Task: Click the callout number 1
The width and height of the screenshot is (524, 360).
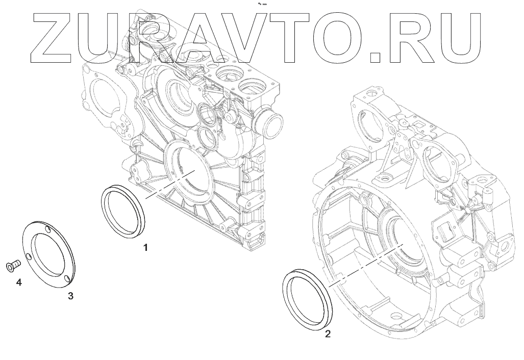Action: coord(145,247)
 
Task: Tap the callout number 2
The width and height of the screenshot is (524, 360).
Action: coord(328,333)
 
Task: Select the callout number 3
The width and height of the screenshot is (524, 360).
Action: coord(70,296)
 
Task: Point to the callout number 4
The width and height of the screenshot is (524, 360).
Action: coord(19,282)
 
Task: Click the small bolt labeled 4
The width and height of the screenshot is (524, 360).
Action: coord(13,266)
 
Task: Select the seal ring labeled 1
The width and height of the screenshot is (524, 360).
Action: coord(104,211)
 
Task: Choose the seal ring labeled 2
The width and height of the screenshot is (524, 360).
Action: coord(287,294)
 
